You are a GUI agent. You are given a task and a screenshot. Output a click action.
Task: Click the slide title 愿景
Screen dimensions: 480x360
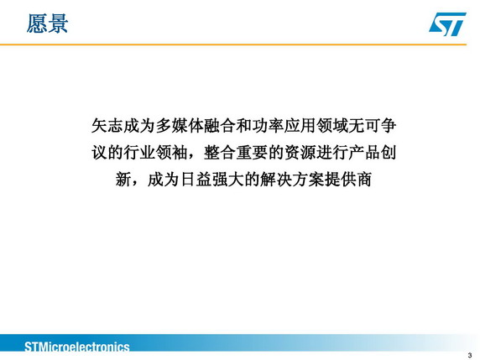[x=47, y=23]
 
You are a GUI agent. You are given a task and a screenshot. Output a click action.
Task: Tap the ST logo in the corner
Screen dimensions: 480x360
[x=447, y=23]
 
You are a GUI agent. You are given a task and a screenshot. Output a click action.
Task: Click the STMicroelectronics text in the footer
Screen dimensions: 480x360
[x=77, y=347]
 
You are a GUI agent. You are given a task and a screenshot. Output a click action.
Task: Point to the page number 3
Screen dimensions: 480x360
[x=470, y=355]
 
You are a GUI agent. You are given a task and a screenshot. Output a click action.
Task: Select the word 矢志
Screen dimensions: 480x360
[x=107, y=126]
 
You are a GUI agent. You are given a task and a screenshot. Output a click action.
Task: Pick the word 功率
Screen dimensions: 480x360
[x=268, y=126]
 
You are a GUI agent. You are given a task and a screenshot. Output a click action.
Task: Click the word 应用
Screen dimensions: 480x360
[x=300, y=126]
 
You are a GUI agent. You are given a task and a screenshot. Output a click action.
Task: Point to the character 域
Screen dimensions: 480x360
[x=340, y=126]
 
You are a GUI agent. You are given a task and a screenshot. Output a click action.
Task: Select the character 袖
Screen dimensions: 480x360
[x=180, y=153]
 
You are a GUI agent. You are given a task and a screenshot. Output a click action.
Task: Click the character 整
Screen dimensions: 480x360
[x=211, y=153]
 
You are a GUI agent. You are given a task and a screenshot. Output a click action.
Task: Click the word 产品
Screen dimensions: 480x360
[x=364, y=153]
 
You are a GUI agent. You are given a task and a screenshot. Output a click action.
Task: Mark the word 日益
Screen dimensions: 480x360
[x=196, y=180]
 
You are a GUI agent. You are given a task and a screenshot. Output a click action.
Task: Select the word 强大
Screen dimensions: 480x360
[x=227, y=180]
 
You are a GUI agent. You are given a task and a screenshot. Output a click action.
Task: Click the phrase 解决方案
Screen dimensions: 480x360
[x=292, y=180]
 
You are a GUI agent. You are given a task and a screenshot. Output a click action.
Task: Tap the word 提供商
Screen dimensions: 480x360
[x=348, y=180]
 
